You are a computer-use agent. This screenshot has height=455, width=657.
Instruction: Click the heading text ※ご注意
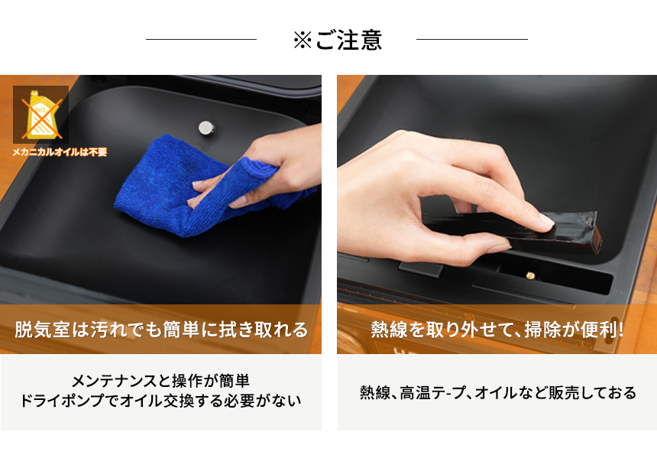click(337, 40)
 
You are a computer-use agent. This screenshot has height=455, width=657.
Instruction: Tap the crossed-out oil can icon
click(40, 115)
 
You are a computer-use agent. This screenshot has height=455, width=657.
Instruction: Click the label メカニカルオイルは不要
click(60, 152)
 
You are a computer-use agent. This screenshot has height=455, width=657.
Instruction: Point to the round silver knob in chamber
click(205, 128)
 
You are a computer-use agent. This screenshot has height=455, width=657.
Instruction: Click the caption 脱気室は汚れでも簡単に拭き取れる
click(161, 330)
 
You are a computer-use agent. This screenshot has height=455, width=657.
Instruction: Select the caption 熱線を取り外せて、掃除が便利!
click(497, 330)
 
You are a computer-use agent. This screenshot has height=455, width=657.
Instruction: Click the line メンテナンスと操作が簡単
click(160, 381)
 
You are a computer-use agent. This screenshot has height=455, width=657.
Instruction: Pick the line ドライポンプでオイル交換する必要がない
click(160, 400)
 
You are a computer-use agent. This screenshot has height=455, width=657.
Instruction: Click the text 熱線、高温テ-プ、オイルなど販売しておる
click(497, 393)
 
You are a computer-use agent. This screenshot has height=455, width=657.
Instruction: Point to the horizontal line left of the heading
click(201, 39)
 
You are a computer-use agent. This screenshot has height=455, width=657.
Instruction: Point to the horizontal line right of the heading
click(471, 39)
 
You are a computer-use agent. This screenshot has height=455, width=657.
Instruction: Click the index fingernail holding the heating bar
click(544, 222)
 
